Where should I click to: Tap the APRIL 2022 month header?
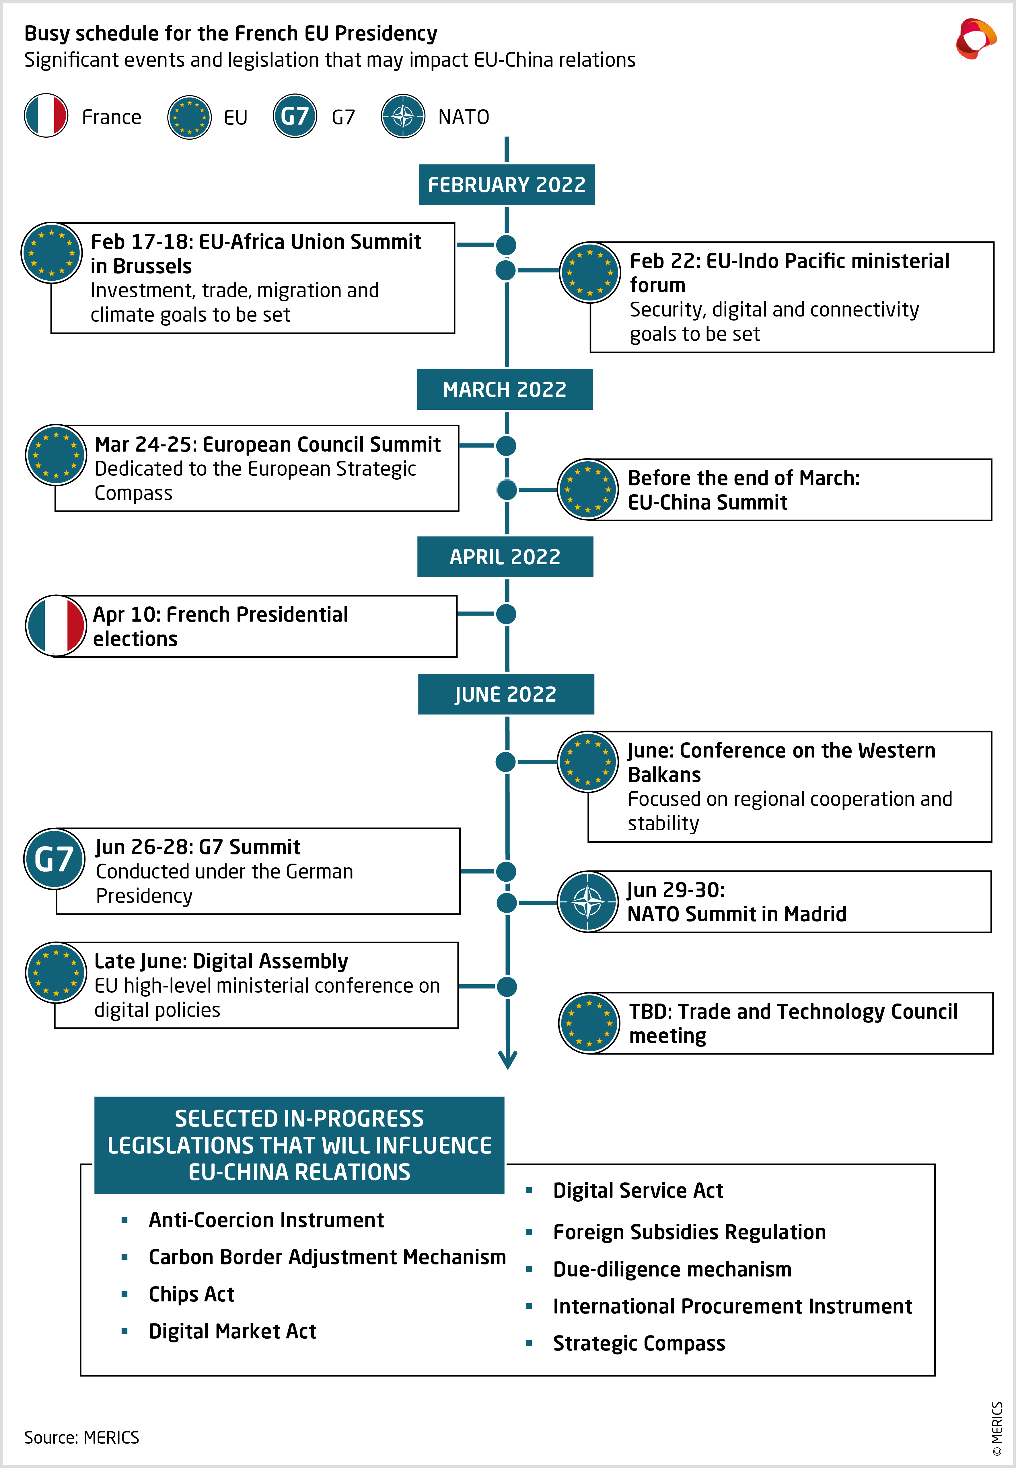[x=505, y=557]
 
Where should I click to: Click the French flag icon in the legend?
[x=46, y=116]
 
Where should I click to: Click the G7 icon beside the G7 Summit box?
[x=54, y=859]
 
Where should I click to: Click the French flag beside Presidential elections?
[x=56, y=626]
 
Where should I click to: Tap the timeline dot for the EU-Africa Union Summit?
[x=506, y=244]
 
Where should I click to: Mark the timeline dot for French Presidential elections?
[x=506, y=614]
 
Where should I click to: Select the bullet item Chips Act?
[x=191, y=1294]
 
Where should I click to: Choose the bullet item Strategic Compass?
[x=639, y=1343]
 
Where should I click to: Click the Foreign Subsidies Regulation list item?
[x=689, y=1232]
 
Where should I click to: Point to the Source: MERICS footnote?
[x=81, y=1437]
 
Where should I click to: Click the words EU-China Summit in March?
[x=707, y=502]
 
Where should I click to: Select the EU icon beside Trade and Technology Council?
[x=589, y=1023]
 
